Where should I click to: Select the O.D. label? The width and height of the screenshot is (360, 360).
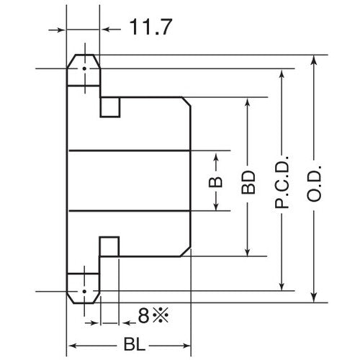pos(315,181)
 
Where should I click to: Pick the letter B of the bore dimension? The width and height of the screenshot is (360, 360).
pos(216,181)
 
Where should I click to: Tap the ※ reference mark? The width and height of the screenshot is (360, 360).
pos(158,315)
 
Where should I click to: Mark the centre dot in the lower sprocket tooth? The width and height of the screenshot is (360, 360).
pos(84,292)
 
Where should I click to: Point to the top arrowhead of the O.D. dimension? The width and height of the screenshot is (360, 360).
pos(315,59)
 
